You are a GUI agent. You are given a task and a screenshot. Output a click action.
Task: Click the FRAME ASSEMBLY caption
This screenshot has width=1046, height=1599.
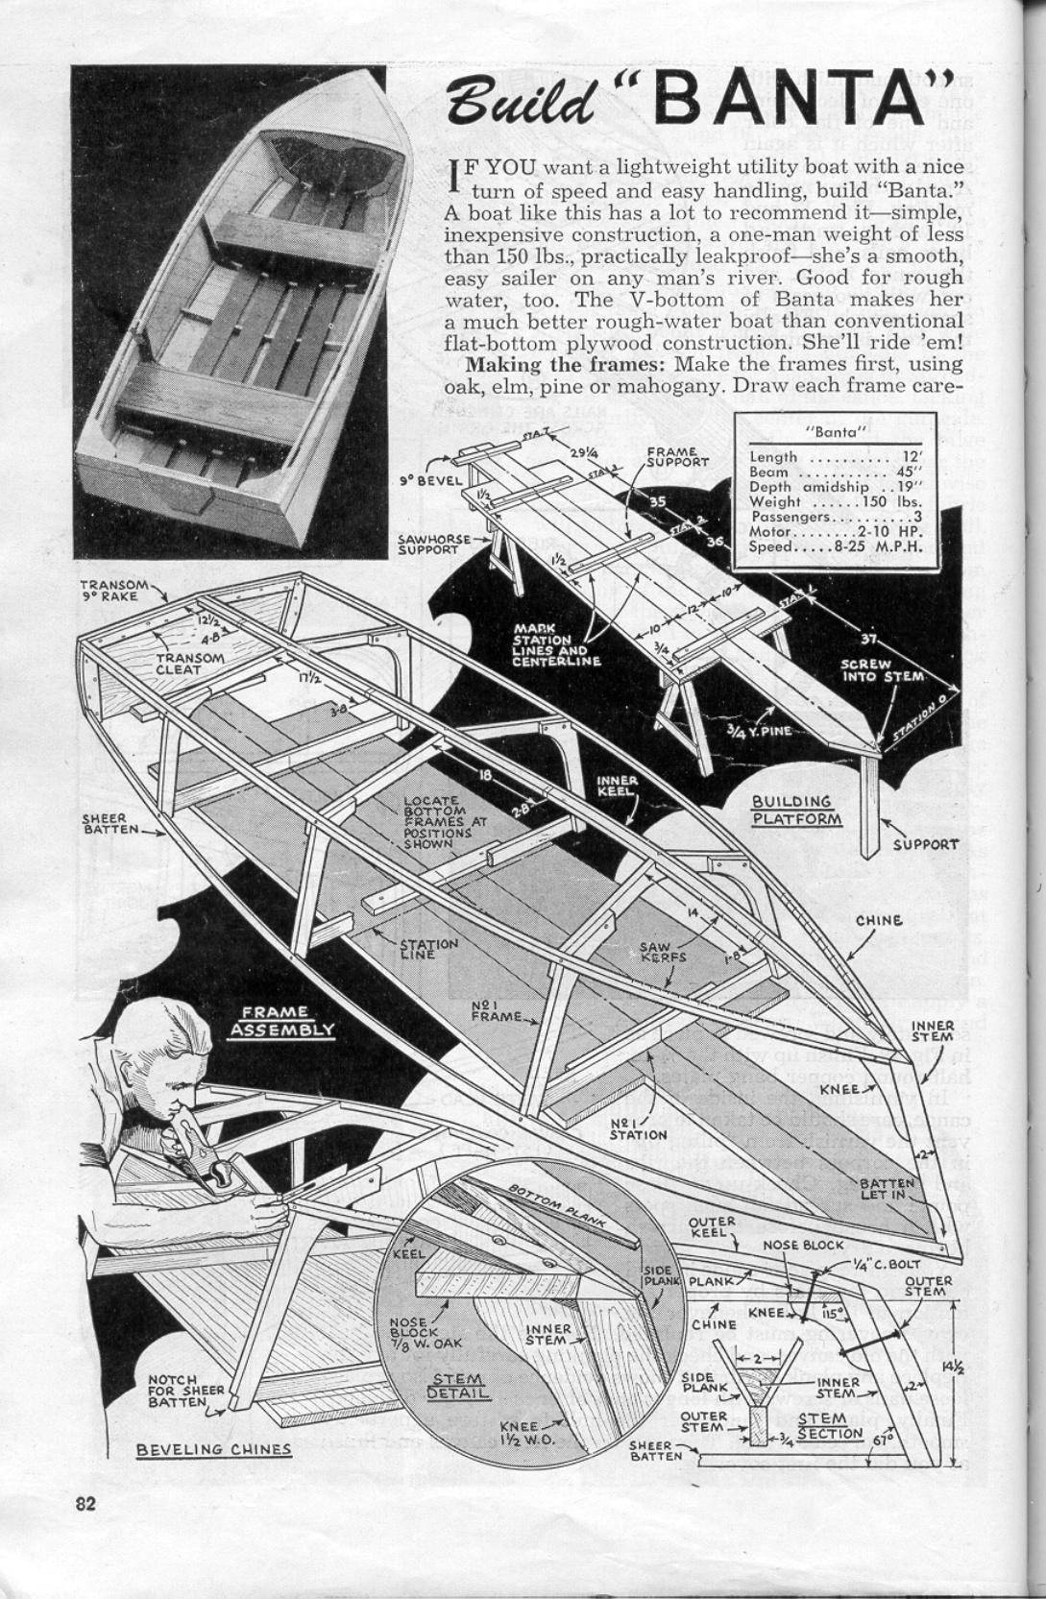(281, 1020)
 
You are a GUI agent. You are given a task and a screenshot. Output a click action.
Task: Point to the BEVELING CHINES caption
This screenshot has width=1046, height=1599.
(213, 1448)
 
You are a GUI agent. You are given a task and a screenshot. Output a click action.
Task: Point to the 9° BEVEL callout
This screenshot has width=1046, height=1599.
(429, 480)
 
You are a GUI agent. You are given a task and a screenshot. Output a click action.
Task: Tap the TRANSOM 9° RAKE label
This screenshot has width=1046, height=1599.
(114, 590)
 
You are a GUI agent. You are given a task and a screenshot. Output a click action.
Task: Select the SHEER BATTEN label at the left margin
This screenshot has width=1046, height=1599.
(110, 823)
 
